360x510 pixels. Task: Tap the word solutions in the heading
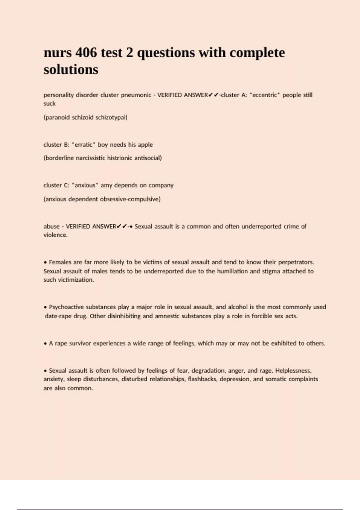click(x=71, y=70)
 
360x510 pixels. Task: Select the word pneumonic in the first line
click(x=136, y=95)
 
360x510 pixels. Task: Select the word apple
click(x=145, y=145)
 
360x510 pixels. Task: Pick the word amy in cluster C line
click(x=106, y=185)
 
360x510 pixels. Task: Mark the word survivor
click(x=80, y=343)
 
